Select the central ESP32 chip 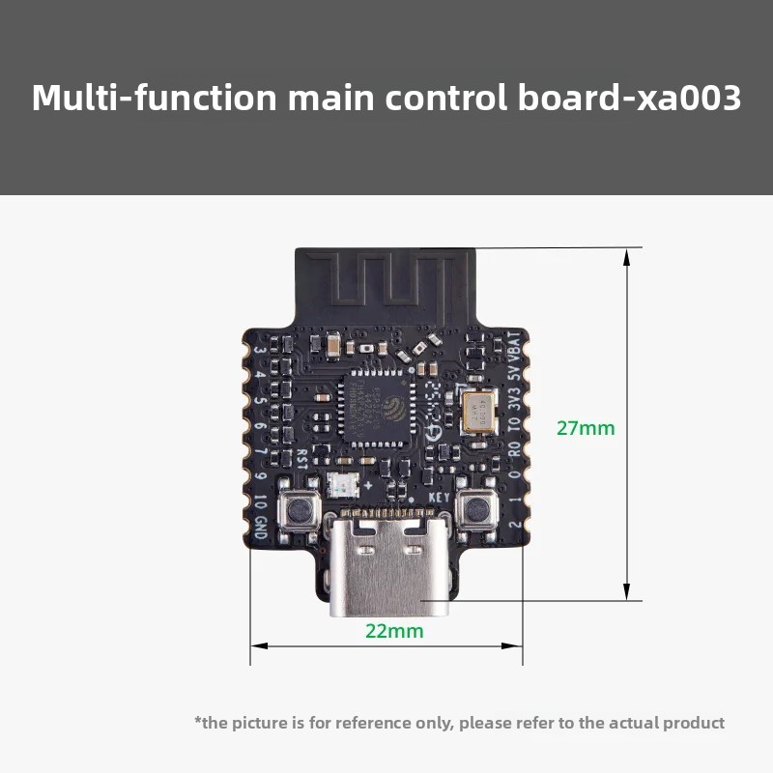[377, 411]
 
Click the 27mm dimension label [586, 428]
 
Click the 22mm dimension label [394, 631]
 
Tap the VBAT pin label [514, 346]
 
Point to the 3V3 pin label [514, 398]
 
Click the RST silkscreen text [302, 459]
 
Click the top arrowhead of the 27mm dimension [627, 257]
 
